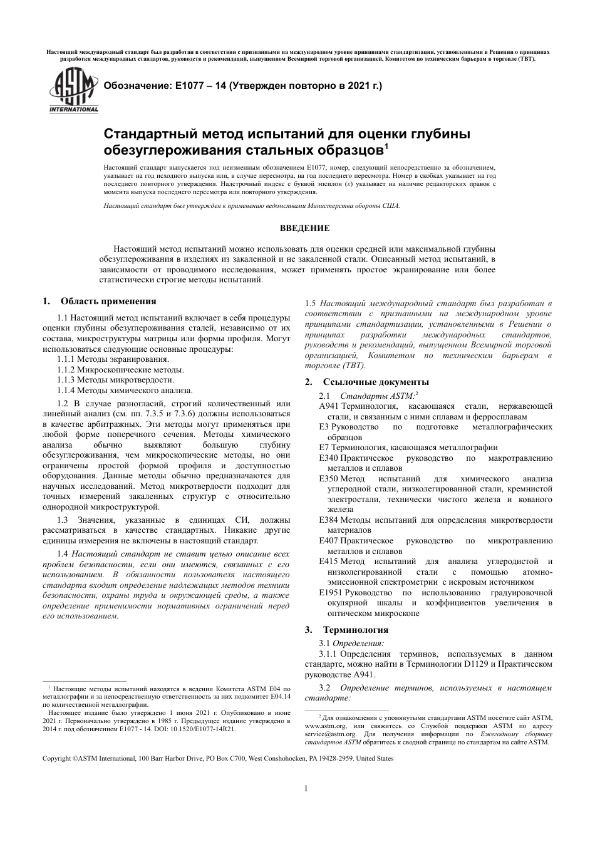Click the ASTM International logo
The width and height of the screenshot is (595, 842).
pyautogui.click(x=74, y=91)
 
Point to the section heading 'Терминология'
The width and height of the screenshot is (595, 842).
pyautogui.click(x=355, y=630)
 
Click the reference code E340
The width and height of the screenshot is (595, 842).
pyautogui.click(x=329, y=458)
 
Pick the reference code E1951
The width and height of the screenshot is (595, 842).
pyautogui.click(x=331, y=592)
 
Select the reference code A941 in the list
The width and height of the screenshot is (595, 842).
pyautogui.click(x=329, y=406)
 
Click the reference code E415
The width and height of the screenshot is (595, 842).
pyautogui.click(x=329, y=562)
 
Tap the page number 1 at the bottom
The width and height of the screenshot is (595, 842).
pyautogui.click(x=306, y=788)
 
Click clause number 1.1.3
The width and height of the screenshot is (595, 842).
pyautogui.click(x=66, y=379)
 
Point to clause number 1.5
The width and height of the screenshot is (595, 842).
pyautogui.click(x=311, y=303)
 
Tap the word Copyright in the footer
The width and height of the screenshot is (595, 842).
pyautogui.click(x=57, y=759)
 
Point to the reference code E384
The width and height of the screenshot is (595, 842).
pyautogui.click(x=329, y=520)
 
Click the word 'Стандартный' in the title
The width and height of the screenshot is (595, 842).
pyautogui.click(x=148, y=134)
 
